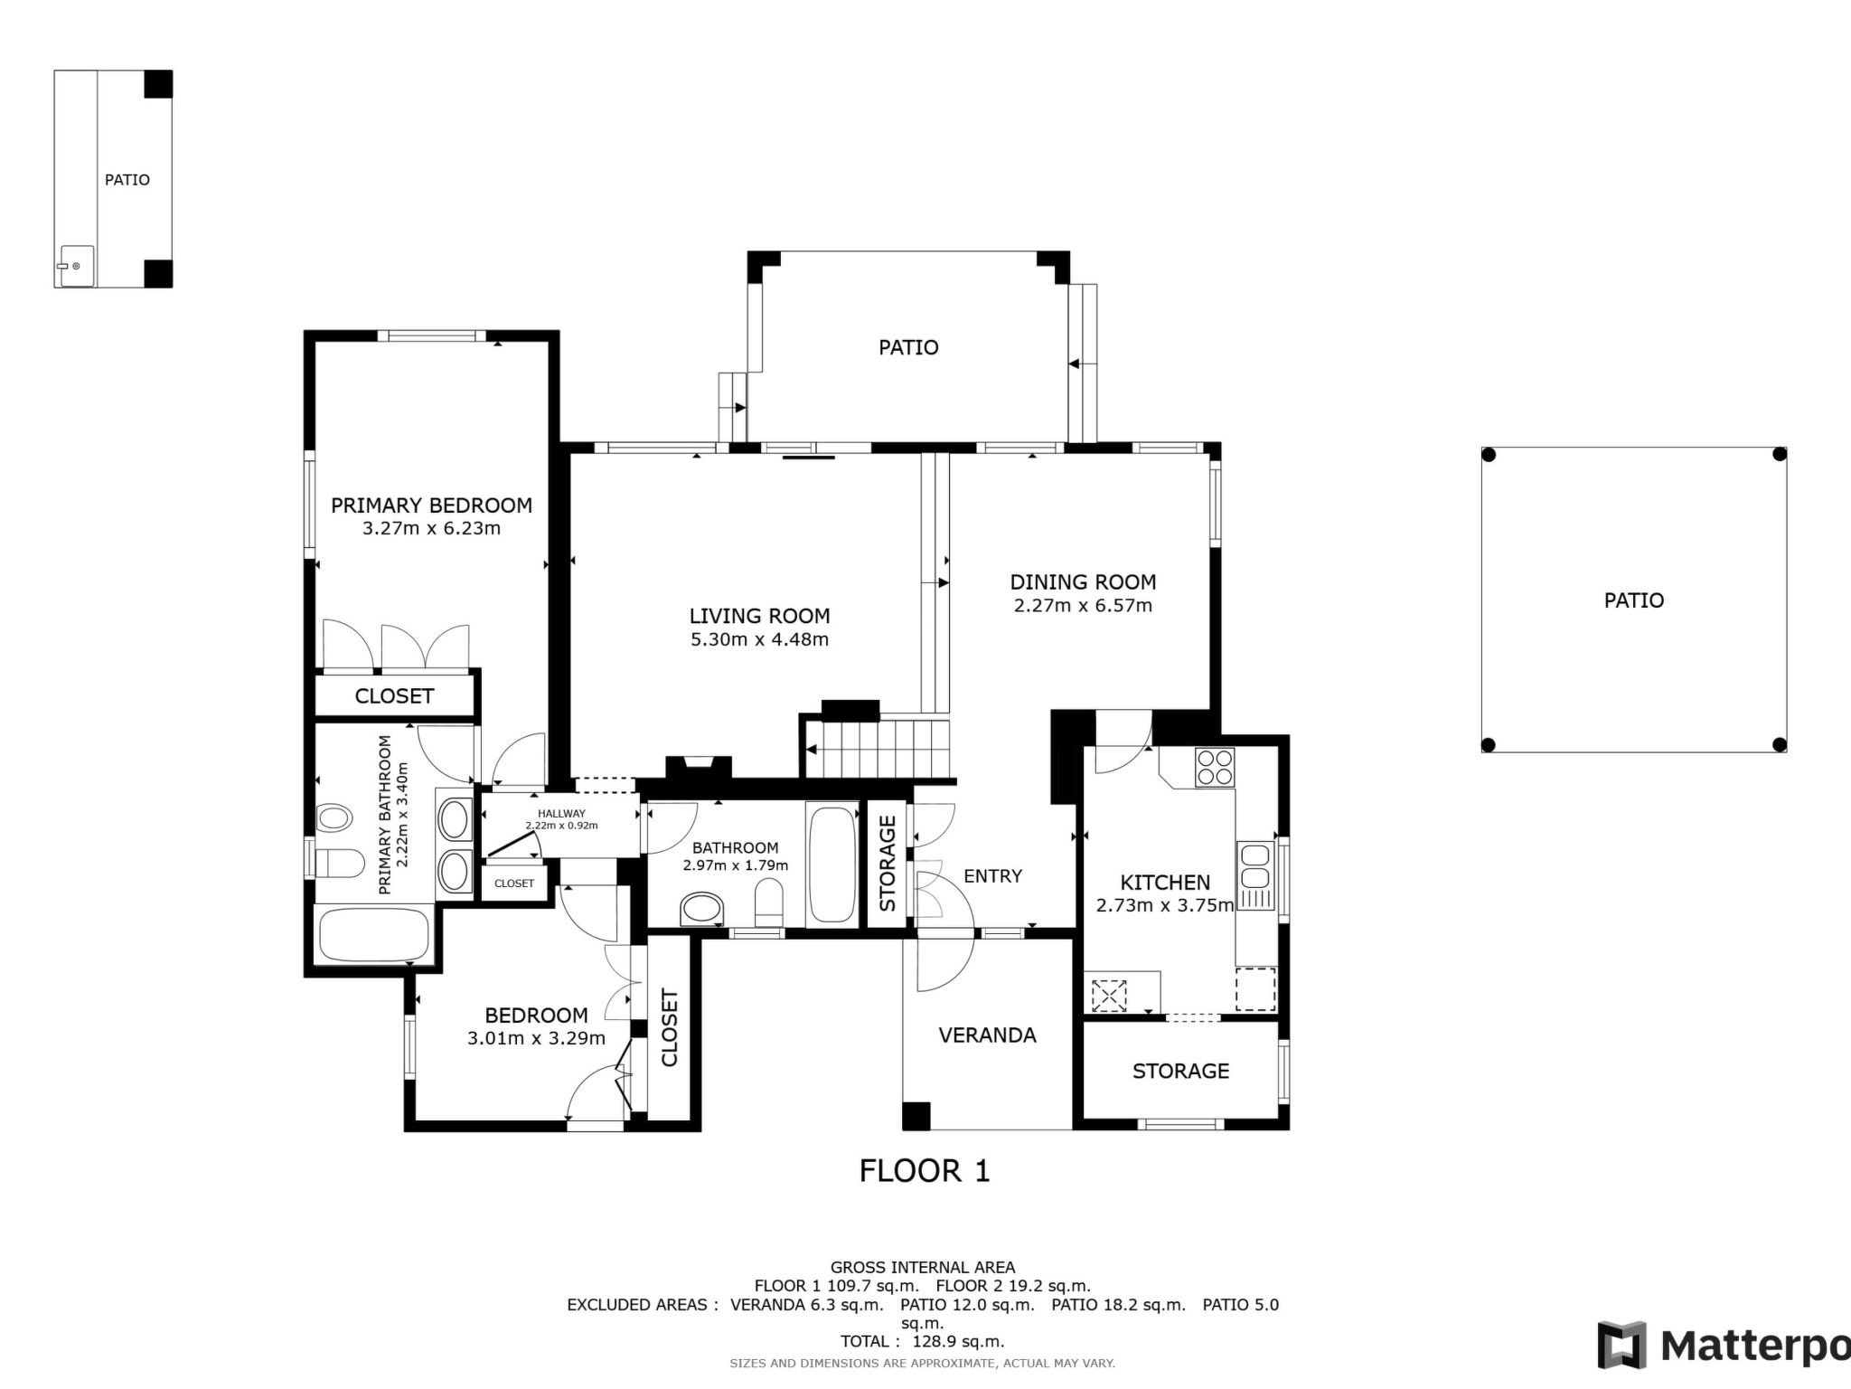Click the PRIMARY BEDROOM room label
click(431, 506)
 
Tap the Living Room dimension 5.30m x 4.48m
click(759, 640)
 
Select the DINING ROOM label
click(1083, 582)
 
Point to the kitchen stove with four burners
click(1214, 767)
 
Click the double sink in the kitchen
click(1254, 865)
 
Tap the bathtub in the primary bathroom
click(374, 936)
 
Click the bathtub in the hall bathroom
click(832, 865)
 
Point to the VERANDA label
click(987, 1035)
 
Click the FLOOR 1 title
click(925, 1171)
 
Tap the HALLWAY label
click(561, 814)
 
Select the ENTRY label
click(992, 875)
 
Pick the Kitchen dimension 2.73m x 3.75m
click(1164, 905)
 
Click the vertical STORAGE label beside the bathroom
click(888, 864)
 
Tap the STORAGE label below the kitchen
click(1180, 1072)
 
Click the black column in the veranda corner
click(916, 1116)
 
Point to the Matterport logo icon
click(1622, 1346)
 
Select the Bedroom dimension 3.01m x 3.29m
click(536, 1039)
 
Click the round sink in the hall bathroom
click(702, 909)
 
